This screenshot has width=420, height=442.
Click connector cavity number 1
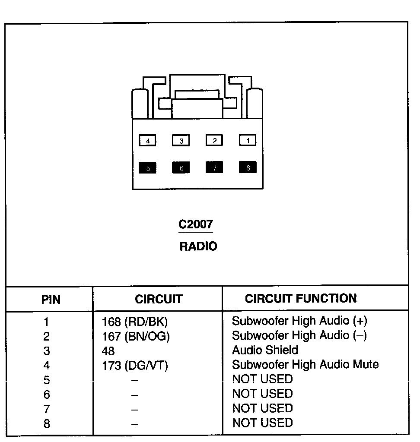248,140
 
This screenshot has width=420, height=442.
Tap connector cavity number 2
214,140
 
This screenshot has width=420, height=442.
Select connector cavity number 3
181,141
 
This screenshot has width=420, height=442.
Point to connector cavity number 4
148,141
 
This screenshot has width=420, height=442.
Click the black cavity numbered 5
148,168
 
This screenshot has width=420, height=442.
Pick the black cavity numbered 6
181,168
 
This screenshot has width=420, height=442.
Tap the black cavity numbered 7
214,167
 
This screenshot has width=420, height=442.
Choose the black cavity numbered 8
248,167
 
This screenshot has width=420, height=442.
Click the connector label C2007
196,224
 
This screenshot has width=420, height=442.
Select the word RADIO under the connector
198,246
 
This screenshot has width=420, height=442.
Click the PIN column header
51,299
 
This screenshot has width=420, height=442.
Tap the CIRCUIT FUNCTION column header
301,298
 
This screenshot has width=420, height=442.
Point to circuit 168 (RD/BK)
134,322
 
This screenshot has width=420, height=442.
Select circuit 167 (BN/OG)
136,337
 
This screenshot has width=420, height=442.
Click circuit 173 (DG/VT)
135,366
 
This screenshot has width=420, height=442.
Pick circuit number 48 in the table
108,351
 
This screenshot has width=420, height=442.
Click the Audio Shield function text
265,350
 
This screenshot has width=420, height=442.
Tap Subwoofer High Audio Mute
305,364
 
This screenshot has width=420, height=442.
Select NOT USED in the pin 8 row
262,423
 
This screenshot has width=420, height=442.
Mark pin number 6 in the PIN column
47,395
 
